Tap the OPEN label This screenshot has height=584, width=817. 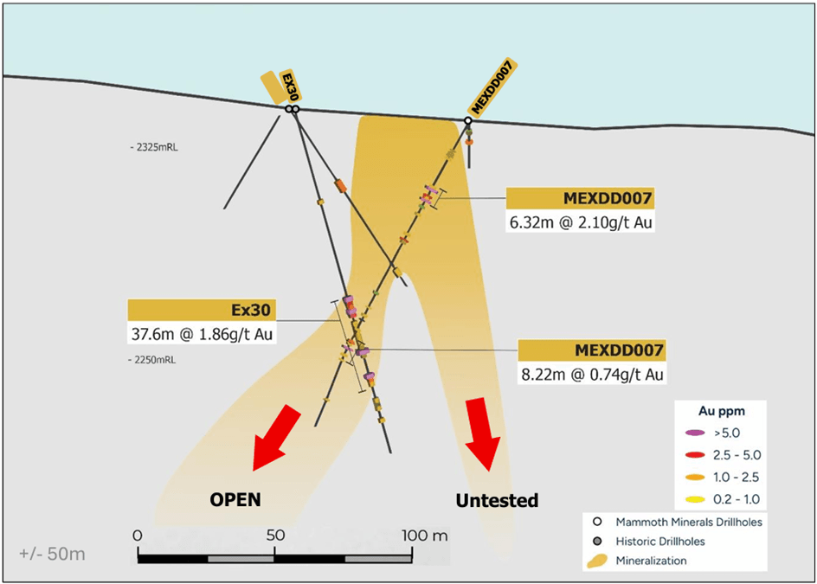(x=235, y=499)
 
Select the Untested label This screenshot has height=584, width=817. (x=497, y=500)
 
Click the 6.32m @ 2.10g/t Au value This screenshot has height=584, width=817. (x=581, y=222)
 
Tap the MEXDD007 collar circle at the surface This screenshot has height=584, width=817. (x=468, y=121)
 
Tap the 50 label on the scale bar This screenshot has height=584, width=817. (x=275, y=536)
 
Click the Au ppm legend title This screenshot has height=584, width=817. (x=721, y=410)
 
